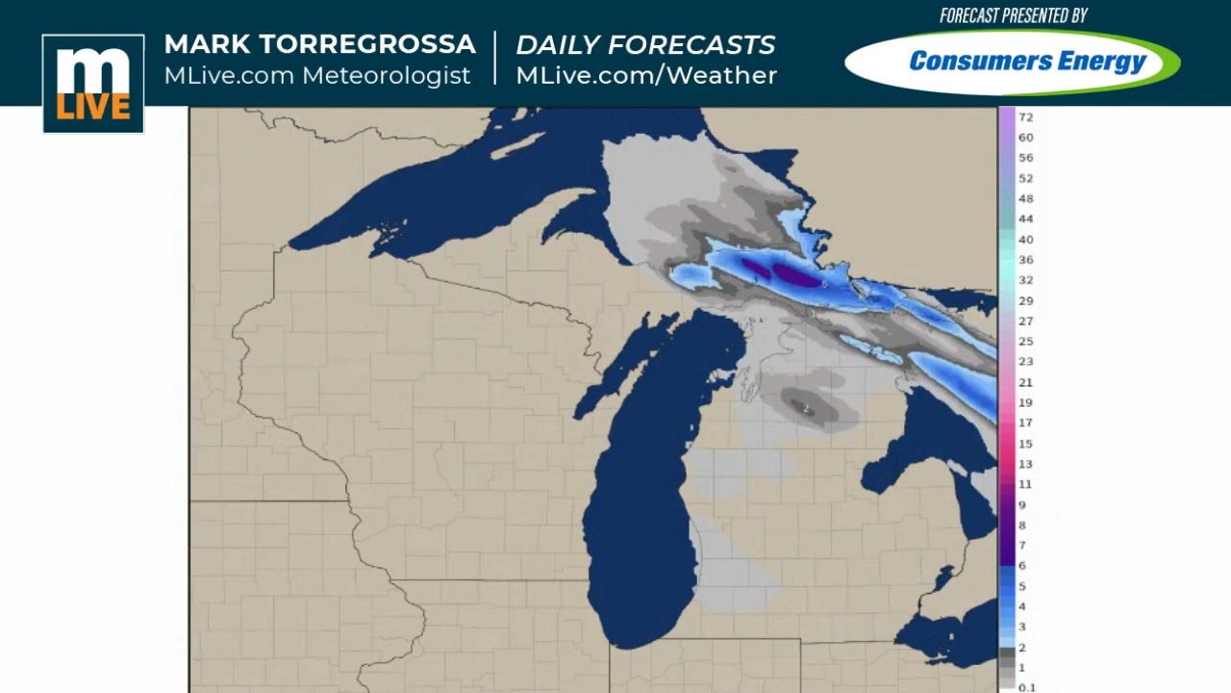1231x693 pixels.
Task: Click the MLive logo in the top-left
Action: click(x=93, y=84)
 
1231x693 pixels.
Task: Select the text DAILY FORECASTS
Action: click(x=645, y=44)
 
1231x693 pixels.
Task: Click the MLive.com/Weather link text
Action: click(x=646, y=75)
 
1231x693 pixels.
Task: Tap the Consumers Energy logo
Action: click(x=1012, y=63)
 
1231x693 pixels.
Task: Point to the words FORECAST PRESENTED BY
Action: click(x=1013, y=15)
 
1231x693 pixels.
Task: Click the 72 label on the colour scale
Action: click(x=1025, y=116)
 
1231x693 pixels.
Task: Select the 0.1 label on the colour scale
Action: click(x=1027, y=687)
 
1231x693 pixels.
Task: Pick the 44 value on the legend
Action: click(x=1025, y=218)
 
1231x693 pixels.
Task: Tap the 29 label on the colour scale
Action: click(x=1025, y=301)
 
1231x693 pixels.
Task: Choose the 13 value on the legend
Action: click(x=1025, y=464)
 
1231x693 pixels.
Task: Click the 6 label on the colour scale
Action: click(x=1022, y=566)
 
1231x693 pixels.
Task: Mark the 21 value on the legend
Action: click(x=1025, y=382)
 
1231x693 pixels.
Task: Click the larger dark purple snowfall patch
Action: click(x=794, y=275)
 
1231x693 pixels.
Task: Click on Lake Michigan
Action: click(x=644, y=500)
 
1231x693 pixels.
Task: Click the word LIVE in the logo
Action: click(x=93, y=105)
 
